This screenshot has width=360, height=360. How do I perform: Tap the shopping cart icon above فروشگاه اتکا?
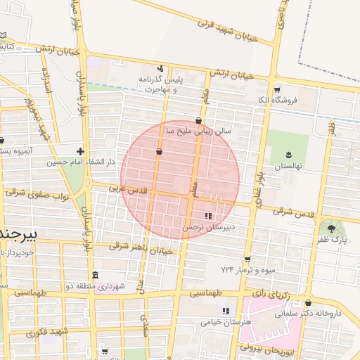click(277, 90)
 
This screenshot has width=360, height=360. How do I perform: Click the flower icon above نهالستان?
click(288, 155)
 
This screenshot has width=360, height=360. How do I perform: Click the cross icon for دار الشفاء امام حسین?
click(81, 151)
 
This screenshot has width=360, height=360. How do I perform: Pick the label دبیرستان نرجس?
click(207, 228)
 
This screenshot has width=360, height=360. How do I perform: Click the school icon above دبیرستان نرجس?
click(207, 217)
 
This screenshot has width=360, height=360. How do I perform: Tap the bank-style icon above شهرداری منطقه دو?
click(95, 275)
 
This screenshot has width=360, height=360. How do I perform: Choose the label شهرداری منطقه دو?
click(95, 286)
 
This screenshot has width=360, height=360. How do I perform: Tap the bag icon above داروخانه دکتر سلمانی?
click(309, 303)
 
